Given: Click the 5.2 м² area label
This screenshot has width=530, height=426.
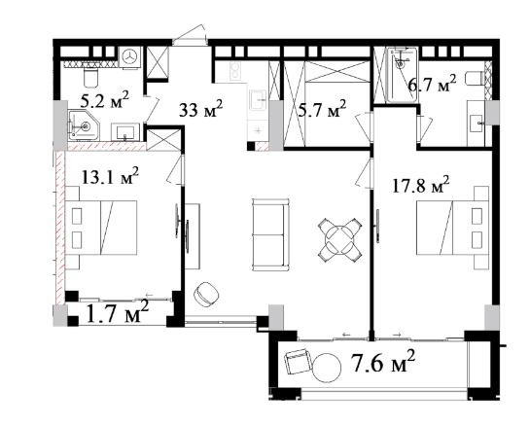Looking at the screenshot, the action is (104, 99).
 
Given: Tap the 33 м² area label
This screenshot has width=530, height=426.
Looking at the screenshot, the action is (200, 109).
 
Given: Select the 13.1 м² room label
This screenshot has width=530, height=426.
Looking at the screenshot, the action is (110, 176).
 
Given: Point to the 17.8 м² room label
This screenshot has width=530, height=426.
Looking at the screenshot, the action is (421, 185).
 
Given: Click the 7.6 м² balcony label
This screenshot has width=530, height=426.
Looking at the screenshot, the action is (383, 362).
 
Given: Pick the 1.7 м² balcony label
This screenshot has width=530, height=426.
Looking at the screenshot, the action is (118, 313).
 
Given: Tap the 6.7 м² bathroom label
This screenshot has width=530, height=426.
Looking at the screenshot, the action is (433, 84).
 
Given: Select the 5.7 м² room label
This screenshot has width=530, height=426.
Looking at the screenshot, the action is (322, 109).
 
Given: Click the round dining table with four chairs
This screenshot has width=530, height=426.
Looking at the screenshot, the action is (339, 239).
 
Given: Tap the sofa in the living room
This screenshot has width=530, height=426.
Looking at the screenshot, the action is (270, 234).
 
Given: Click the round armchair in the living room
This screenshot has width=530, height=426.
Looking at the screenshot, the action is (206, 294).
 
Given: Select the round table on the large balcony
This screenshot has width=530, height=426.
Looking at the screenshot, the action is (326, 368).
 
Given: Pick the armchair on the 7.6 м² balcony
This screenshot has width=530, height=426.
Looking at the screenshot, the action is (298, 362).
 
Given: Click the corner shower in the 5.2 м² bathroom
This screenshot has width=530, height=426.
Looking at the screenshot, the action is (85, 125).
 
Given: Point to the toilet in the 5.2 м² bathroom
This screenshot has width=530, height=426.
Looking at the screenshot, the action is (90, 78).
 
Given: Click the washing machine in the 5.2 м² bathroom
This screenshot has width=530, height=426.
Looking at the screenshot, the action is (129, 56).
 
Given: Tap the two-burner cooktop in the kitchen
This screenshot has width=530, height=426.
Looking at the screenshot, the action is (235, 71).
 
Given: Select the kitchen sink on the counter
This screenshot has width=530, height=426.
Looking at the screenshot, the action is (259, 100).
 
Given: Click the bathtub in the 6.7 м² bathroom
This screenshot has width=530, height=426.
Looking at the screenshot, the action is (402, 75).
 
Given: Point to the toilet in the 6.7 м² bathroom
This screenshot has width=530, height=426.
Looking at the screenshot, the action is (475, 79).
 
